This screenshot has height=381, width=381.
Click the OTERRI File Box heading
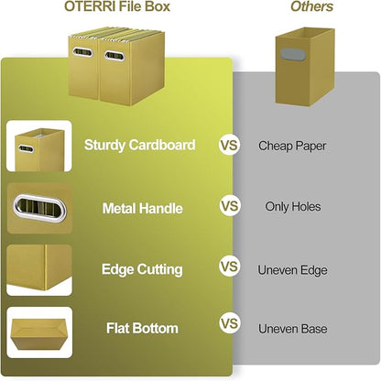click(x=117, y=7)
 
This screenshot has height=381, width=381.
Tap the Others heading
click(x=311, y=7)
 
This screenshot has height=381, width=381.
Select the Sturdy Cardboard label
click(x=139, y=145)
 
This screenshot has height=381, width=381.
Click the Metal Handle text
click(x=142, y=208)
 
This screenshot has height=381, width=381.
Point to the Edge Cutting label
click(x=142, y=269)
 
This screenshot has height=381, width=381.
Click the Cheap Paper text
click(x=292, y=145)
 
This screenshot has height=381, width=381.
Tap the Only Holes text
click(x=292, y=207)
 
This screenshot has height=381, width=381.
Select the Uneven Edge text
click(x=292, y=269)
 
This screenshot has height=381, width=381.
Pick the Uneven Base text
click(x=292, y=328)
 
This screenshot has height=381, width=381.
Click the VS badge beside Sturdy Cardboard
click(x=229, y=145)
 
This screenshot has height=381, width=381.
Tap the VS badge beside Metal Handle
click(x=229, y=207)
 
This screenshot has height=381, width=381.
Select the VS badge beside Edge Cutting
click(x=229, y=267)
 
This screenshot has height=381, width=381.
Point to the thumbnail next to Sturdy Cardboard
click(x=39, y=147)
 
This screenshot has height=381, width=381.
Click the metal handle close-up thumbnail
click(x=39, y=209)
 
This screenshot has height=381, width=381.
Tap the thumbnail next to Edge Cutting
click(x=39, y=269)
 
